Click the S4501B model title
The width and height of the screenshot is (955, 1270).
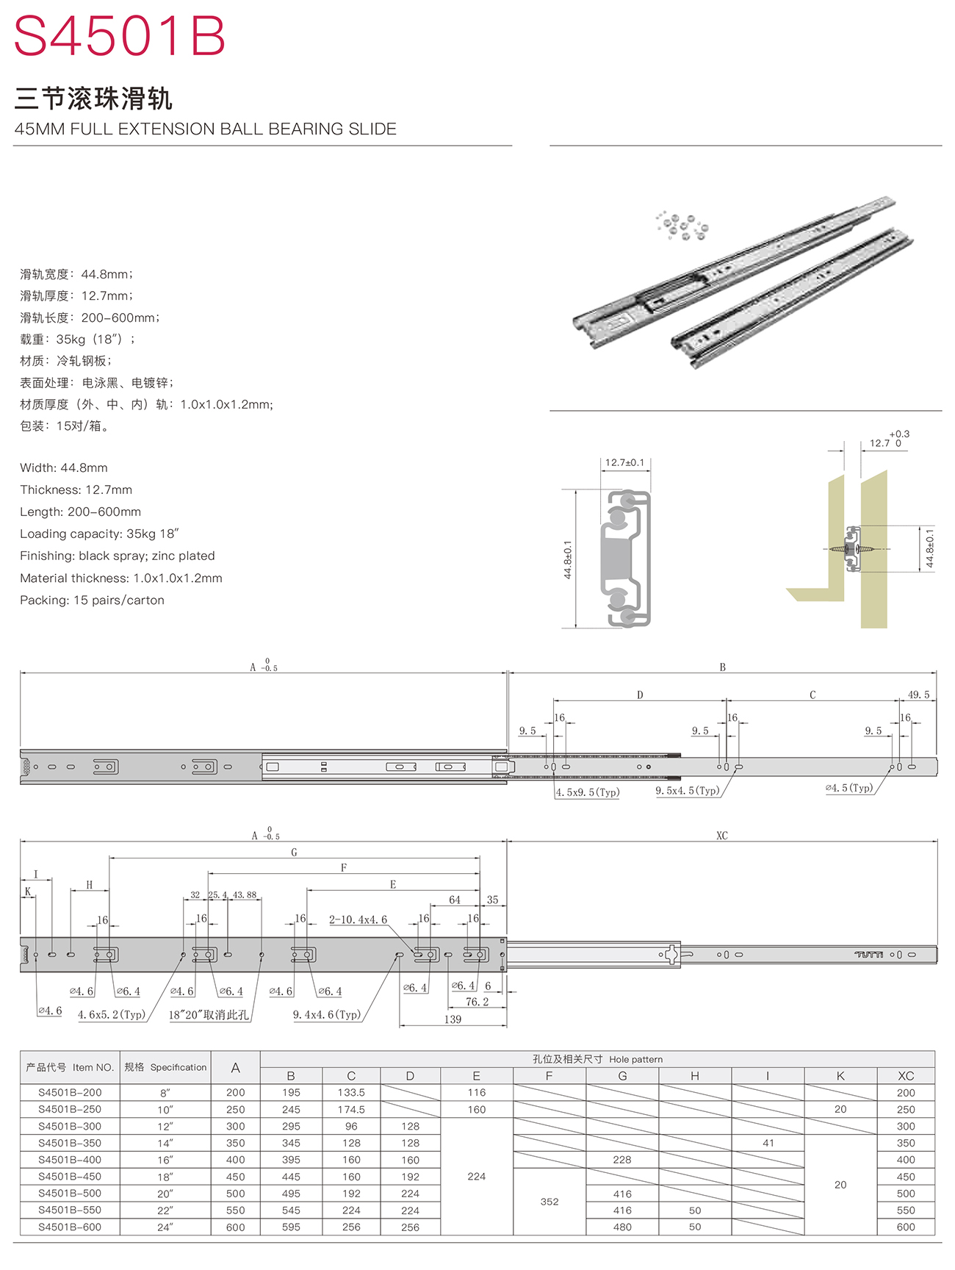(x=120, y=36)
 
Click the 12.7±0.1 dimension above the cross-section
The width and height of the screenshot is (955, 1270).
(x=624, y=463)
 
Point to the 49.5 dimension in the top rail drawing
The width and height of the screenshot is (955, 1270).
(x=918, y=695)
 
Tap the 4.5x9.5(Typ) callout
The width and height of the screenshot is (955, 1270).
(x=588, y=792)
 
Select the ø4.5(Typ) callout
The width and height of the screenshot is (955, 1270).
(x=849, y=788)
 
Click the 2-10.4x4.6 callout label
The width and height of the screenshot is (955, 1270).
(x=358, y=919)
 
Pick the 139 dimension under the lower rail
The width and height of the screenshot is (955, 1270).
(x=453, y=1019)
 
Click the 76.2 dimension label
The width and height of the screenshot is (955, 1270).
(x=477, y=1002)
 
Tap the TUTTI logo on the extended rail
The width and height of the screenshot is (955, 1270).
(x=869, y=955)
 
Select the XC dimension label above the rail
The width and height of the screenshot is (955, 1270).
(x=722, y=836)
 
